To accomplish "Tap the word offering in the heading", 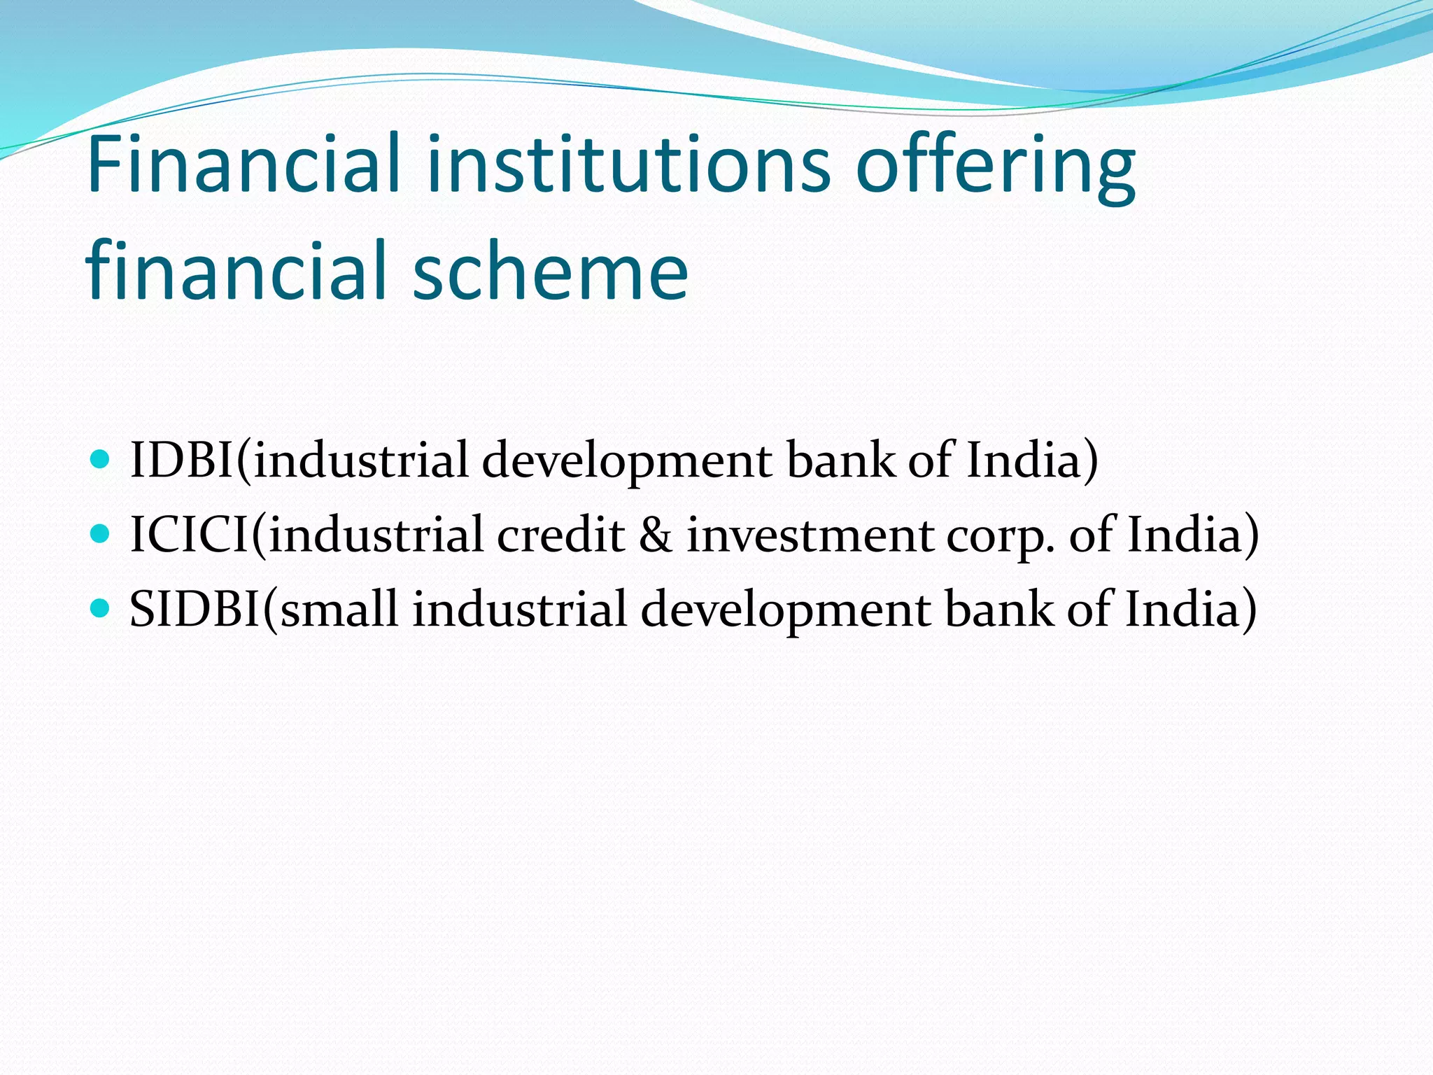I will tap(995, 168).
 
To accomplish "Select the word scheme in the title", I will tap(550, 272).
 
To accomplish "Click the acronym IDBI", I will tap(181, 461).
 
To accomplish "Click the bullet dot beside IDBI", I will tap(101, 460).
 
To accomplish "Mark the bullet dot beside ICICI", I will tap(101, 535).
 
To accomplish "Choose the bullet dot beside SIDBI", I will tap(101, 608).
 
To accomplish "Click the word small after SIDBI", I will tap(339, 609).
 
